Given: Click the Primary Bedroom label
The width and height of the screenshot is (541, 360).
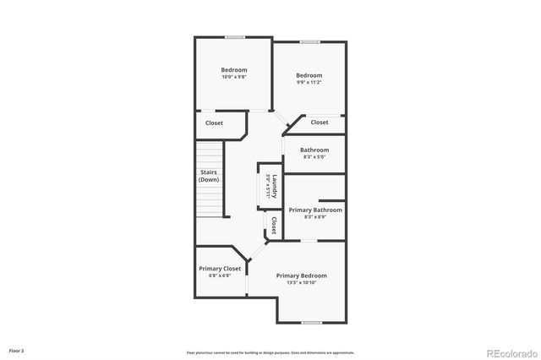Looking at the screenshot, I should pyautogui.click(x=301, y=275).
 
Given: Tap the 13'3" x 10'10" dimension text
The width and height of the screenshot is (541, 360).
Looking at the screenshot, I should pyautogui.click(x=301, y=283).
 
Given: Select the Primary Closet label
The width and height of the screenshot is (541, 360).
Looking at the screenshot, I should pyautogui.click(x=220, y=269).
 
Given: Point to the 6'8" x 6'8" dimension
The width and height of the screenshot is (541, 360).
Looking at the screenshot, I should pyautogui.click(x=220, y=276).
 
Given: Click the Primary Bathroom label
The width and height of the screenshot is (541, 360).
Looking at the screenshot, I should pyautogui.click(x=315, y=210).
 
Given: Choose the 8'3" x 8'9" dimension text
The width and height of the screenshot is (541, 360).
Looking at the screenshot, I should pyautogui.click(x=315, y=217).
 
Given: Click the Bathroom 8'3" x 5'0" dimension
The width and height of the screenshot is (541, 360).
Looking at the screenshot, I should pyautogui.click(x=313, y=157).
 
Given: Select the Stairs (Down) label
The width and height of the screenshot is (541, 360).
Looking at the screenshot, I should pyautogui.click(x=209, y=176).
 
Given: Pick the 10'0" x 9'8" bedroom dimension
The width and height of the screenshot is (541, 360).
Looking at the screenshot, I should pyautogui.click(x=234, y=77).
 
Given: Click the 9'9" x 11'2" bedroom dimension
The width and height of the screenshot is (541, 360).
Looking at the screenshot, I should pyautogui.click(x=309, y=83).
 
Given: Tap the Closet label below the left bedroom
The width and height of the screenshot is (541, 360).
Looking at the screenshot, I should pyautogui.click(x=214, y=123).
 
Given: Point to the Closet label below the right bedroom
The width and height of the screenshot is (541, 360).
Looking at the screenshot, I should pyautogui.click(x=319, y=123).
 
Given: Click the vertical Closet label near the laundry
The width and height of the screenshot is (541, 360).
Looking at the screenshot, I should pyautogui.click(x=274, y=226).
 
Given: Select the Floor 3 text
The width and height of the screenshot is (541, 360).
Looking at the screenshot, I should pyautogui.click(x=17, y=350).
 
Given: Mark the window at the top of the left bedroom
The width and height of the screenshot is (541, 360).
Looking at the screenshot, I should pyautogui.click(x=234, y=37).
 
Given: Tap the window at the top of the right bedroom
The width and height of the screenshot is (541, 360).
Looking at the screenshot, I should pyautogui.click(x=309, y=41).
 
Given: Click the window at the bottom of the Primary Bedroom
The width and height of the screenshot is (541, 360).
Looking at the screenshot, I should pyautogui.click(x=311, y=323).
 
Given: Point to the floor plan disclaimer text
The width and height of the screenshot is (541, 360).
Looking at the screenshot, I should pyautogui.click(x=270, y=352).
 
